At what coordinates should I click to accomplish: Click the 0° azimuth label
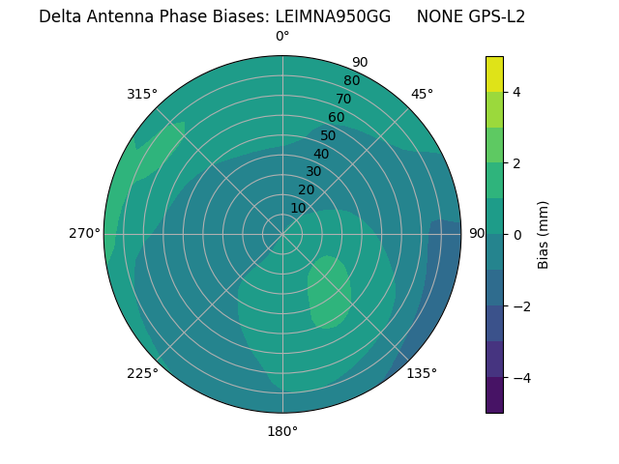282,37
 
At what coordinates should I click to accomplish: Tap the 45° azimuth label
422,94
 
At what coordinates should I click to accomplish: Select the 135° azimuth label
422,373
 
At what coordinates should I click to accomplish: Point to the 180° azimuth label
282,431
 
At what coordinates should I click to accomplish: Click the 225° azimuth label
142,373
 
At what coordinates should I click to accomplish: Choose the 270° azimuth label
84,233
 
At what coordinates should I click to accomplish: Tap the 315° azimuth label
142,94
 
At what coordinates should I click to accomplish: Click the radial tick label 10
298,208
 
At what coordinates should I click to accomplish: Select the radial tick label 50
328,135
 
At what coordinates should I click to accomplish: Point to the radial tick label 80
351,80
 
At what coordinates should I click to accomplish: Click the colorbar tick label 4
517,92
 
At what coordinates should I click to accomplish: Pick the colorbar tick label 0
517,235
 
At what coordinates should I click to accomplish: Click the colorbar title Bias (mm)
544,235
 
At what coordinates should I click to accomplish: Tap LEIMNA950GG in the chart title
333,16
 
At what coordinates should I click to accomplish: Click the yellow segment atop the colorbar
494,74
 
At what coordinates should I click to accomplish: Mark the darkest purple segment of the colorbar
494,395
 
